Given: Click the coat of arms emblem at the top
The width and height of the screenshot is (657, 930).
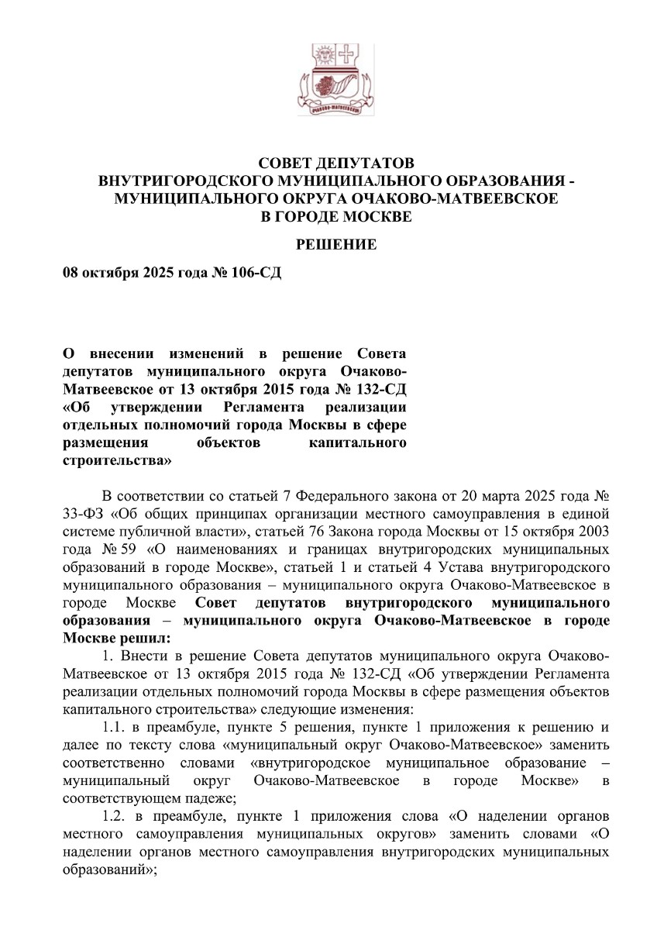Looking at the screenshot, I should pyautogui.click(x=336, y=80).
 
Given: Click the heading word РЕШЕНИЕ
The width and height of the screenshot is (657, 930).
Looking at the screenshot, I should pyautogui.click(x=337, y=245).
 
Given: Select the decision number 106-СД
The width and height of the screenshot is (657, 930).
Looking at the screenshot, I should pyautogui.click(x=253, y=274).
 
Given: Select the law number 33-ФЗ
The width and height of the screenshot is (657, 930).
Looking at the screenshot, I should pyautogui.click(x=82, y=513).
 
